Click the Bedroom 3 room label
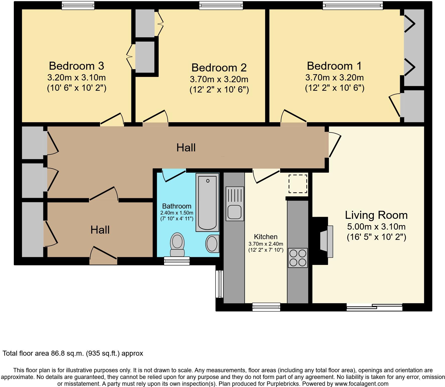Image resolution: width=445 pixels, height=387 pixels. click(76, 66)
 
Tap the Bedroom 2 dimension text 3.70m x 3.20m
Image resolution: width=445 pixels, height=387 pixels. click(219, 79)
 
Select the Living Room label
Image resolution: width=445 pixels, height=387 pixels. click(376, 215)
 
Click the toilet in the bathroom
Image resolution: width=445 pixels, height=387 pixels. click(177, 244)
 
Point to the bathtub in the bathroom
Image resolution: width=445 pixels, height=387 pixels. click(207, 203)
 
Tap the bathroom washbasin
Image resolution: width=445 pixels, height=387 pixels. click(212, 243)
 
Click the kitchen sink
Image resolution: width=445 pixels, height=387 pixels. click(235, 204)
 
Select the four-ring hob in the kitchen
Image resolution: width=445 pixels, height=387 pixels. click(298, 258)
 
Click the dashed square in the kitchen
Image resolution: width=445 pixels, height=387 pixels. click(298, 184)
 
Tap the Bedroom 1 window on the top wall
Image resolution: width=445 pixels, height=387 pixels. click(353, 6)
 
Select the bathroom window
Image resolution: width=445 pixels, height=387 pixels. click(177, 261)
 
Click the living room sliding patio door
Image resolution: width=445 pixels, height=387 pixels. click(374, 307)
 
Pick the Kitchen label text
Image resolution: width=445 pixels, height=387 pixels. click(266, 237)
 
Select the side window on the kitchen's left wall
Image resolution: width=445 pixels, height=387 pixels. click(219, 284)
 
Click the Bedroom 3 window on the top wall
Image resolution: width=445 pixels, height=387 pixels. click(78, 6)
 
